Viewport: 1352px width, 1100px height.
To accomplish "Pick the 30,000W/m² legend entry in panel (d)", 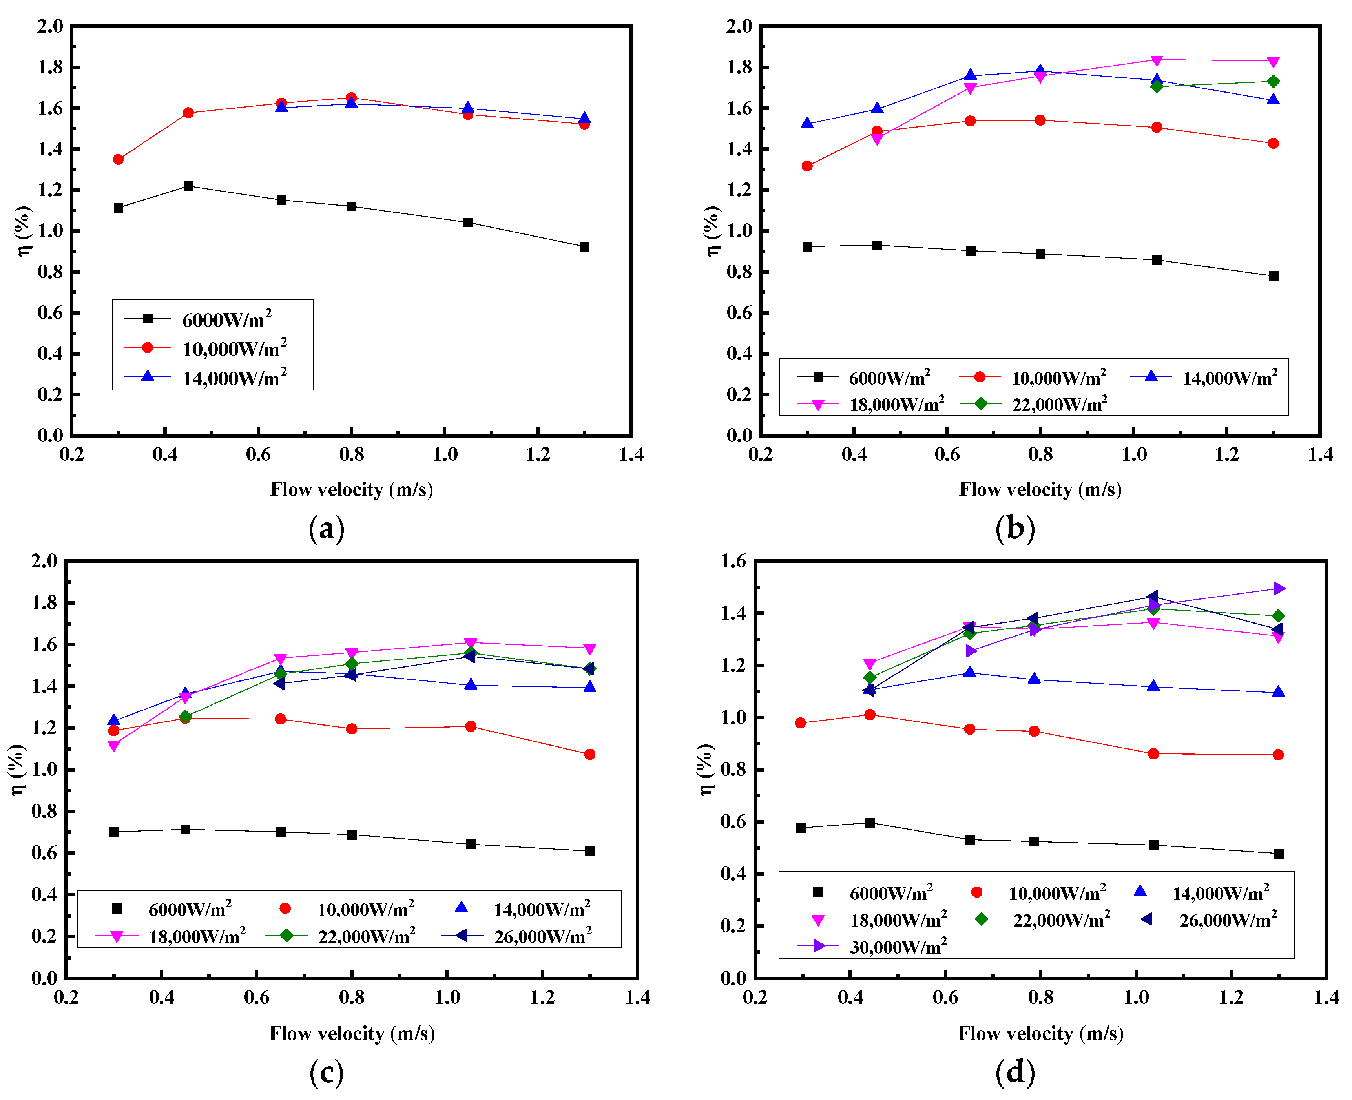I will point(898,947).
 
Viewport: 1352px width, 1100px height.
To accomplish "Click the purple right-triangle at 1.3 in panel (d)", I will point(1279,589).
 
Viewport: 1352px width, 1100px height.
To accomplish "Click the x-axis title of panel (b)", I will point(1040,489).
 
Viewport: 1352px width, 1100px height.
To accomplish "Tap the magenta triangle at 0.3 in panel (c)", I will point(114,746).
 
